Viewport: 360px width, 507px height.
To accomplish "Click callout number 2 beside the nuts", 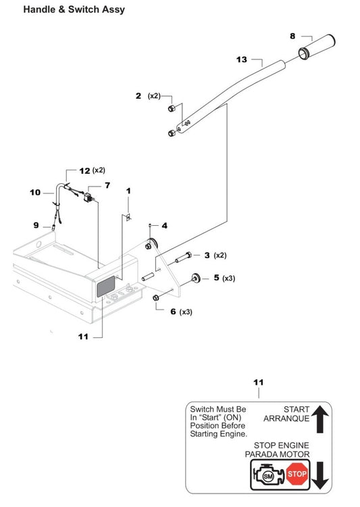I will pyautogui.click(x=138, y=97).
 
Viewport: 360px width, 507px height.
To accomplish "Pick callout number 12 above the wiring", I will pyautogui.click(x=84, y=172).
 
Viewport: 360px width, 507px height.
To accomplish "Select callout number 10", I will pyautogui.click(x=35, y=192).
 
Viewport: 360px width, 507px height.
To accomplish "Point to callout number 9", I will pyautogui.click(x=36, y=225).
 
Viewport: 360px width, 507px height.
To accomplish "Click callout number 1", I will pyautogui.click(x=128, y=192).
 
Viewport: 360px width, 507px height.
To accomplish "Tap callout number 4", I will pyautogui.click(x=163, y=225).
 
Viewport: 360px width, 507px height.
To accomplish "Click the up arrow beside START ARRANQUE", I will pyautogui.click(x=321, y=418).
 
